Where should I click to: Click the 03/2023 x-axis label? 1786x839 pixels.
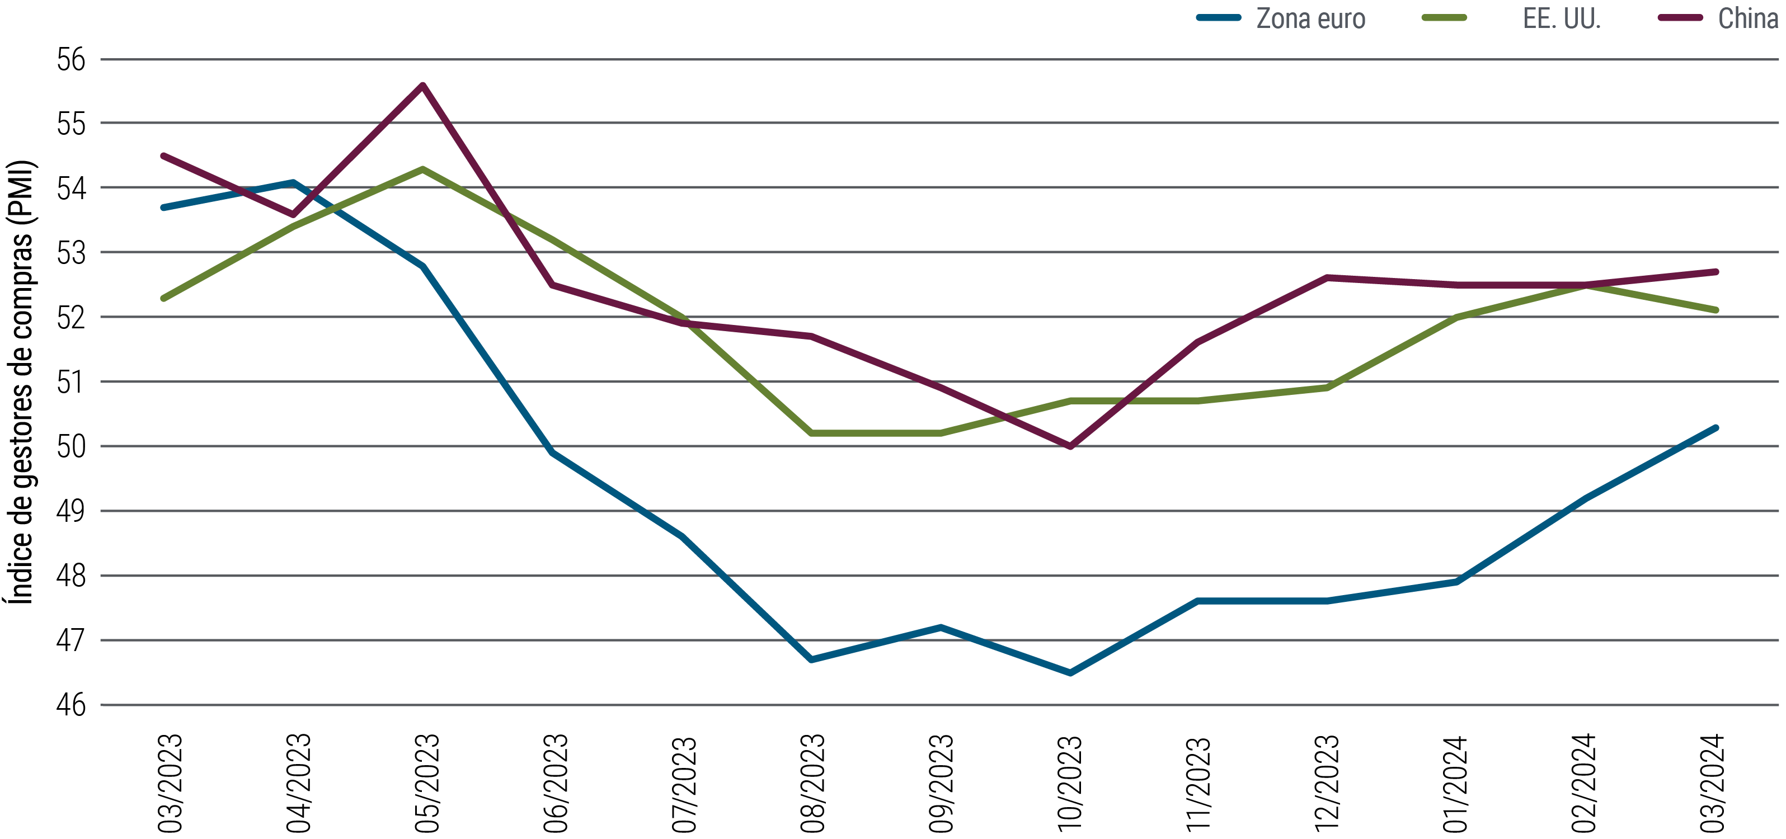[x=171, y=783]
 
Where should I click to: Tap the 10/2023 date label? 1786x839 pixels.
[x=1070, y=783]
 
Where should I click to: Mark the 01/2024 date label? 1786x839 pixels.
[x=1456, y=783]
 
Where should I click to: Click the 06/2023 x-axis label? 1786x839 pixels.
[x=556, y=783]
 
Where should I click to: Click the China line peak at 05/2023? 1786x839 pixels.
[x=422, y=85]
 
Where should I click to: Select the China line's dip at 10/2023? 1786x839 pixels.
[x=1070, y=446]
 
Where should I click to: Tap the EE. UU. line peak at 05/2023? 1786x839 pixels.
[x=422, y=169]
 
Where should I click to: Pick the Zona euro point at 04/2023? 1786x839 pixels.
[x=293, y=183]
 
